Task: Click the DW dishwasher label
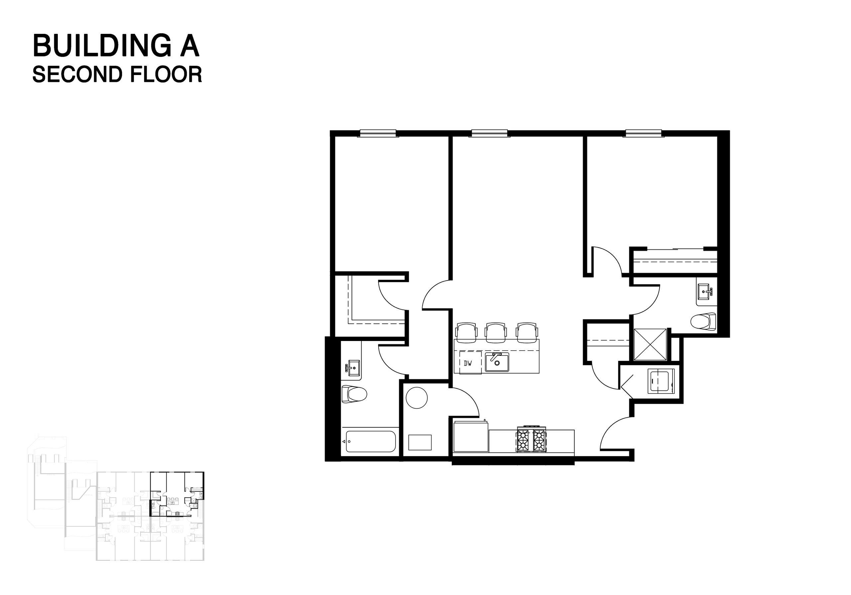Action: pyautogui.click(x=468, y=363)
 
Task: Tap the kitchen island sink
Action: pyautogui.click(x=497, y=362)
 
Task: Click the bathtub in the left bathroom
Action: pyautogui.click(x=370, y=441)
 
